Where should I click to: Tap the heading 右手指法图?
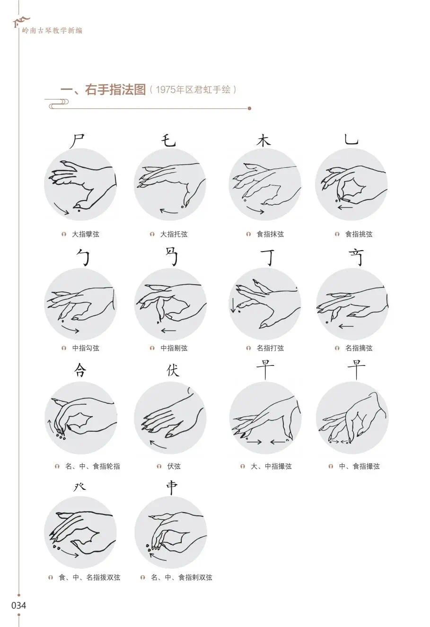[x=115, y=90]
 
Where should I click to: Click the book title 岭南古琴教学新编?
[x=52, y=31]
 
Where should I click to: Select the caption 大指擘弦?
[x=85, y=234]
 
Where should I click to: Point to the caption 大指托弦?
[x=174, y=234]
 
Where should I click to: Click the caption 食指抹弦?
[x=270, y=234]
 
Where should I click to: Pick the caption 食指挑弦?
[x=359, y=234]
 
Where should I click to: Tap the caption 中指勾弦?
[x=86, y=348]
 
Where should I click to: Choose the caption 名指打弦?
[x=270, y=348]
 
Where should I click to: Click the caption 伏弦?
[x=174, y=466]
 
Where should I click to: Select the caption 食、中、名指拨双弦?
[x=89, y=577]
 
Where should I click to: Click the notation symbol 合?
[x=80, y=370]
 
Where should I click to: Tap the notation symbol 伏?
[x=173, y=370]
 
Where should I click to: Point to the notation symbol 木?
[x=263, y=140]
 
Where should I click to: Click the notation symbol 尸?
[x=77, y=141]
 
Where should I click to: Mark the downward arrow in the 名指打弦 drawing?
[x=233, y=305]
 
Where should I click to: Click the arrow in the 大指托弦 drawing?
[x=169, y=211]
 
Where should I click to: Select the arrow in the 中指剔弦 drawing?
[x=168, y=331]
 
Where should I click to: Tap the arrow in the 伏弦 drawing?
[x=158, y=445]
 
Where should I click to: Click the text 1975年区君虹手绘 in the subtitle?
[x=193, y=89]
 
